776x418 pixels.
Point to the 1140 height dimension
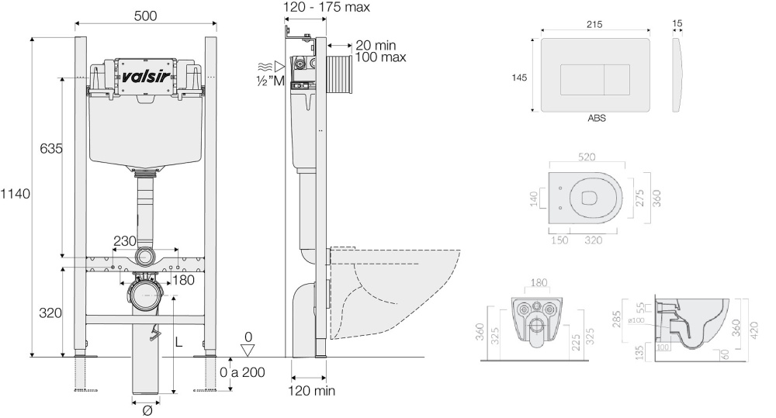pos(15,194)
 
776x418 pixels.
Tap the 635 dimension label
pos(52,147)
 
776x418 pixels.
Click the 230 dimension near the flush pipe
pos(125,241)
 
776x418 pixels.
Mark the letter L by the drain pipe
pos(179,341)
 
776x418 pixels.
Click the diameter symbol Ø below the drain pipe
pos(147,410)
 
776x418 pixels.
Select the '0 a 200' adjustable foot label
pos(241,372)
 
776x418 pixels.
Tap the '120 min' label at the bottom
pos(314,391)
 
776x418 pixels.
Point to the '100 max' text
pos(381,57)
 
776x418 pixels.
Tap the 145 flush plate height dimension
pos(520,77)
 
